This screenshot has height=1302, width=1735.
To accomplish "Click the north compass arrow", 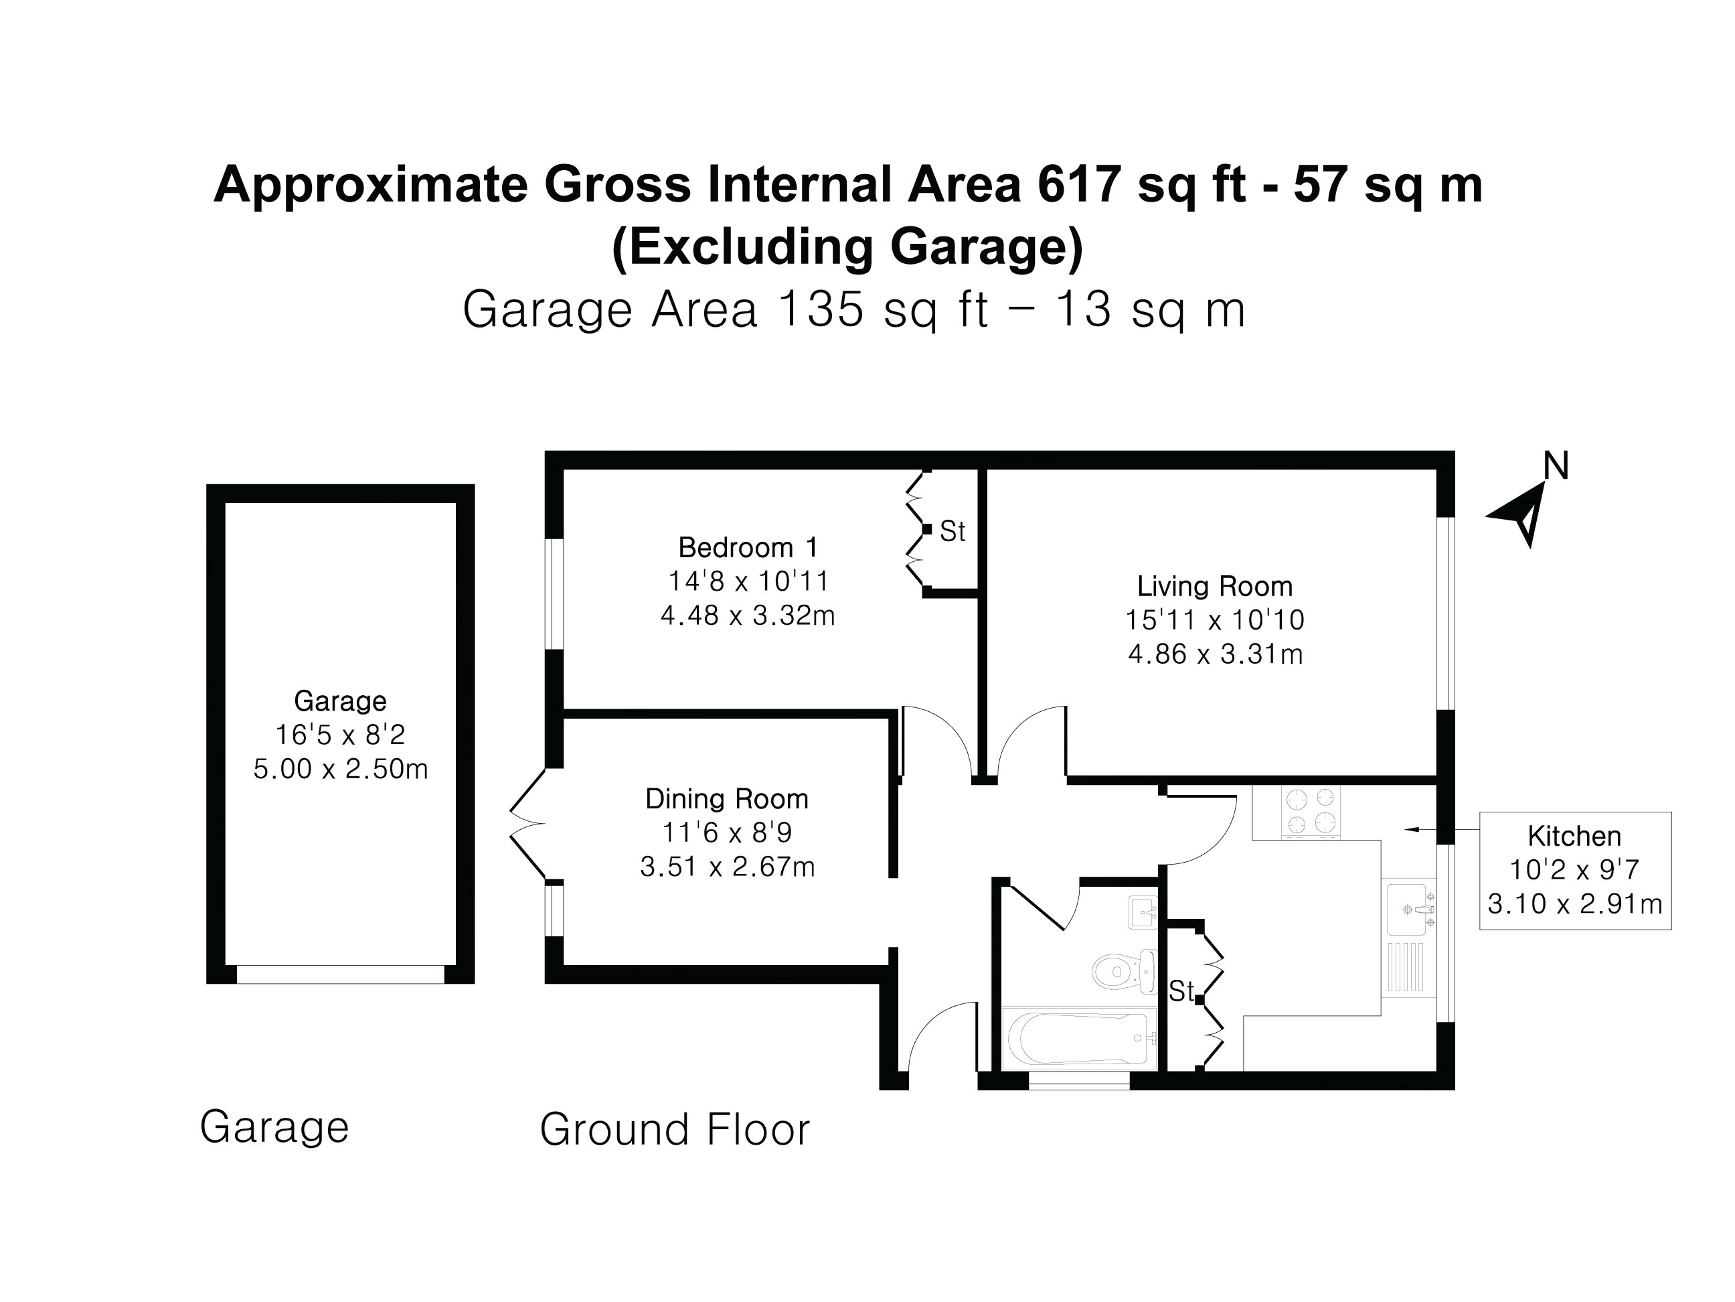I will point(1521,514).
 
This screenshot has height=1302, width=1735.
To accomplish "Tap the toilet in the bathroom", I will point(1123,972).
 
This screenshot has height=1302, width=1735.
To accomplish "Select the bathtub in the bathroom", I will point(1078,1037).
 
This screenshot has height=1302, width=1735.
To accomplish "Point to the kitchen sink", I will point(1410,910).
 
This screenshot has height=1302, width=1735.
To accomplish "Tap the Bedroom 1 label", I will point(748,547).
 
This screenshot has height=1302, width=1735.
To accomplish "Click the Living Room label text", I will point(1214,586).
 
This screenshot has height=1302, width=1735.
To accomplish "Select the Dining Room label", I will point(726,799).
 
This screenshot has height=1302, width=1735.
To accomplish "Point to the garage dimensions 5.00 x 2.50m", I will point(341,769).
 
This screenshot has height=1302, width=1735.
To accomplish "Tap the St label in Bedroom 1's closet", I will point(953,532).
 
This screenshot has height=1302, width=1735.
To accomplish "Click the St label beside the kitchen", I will point(1181,991).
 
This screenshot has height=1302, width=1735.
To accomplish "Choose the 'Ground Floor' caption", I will point(675,1130).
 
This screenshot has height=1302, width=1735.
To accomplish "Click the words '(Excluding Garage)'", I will point(847,246).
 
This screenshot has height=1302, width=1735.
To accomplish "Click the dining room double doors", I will point(527,823).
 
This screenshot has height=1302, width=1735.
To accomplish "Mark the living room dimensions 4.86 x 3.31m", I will point(1215,654).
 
